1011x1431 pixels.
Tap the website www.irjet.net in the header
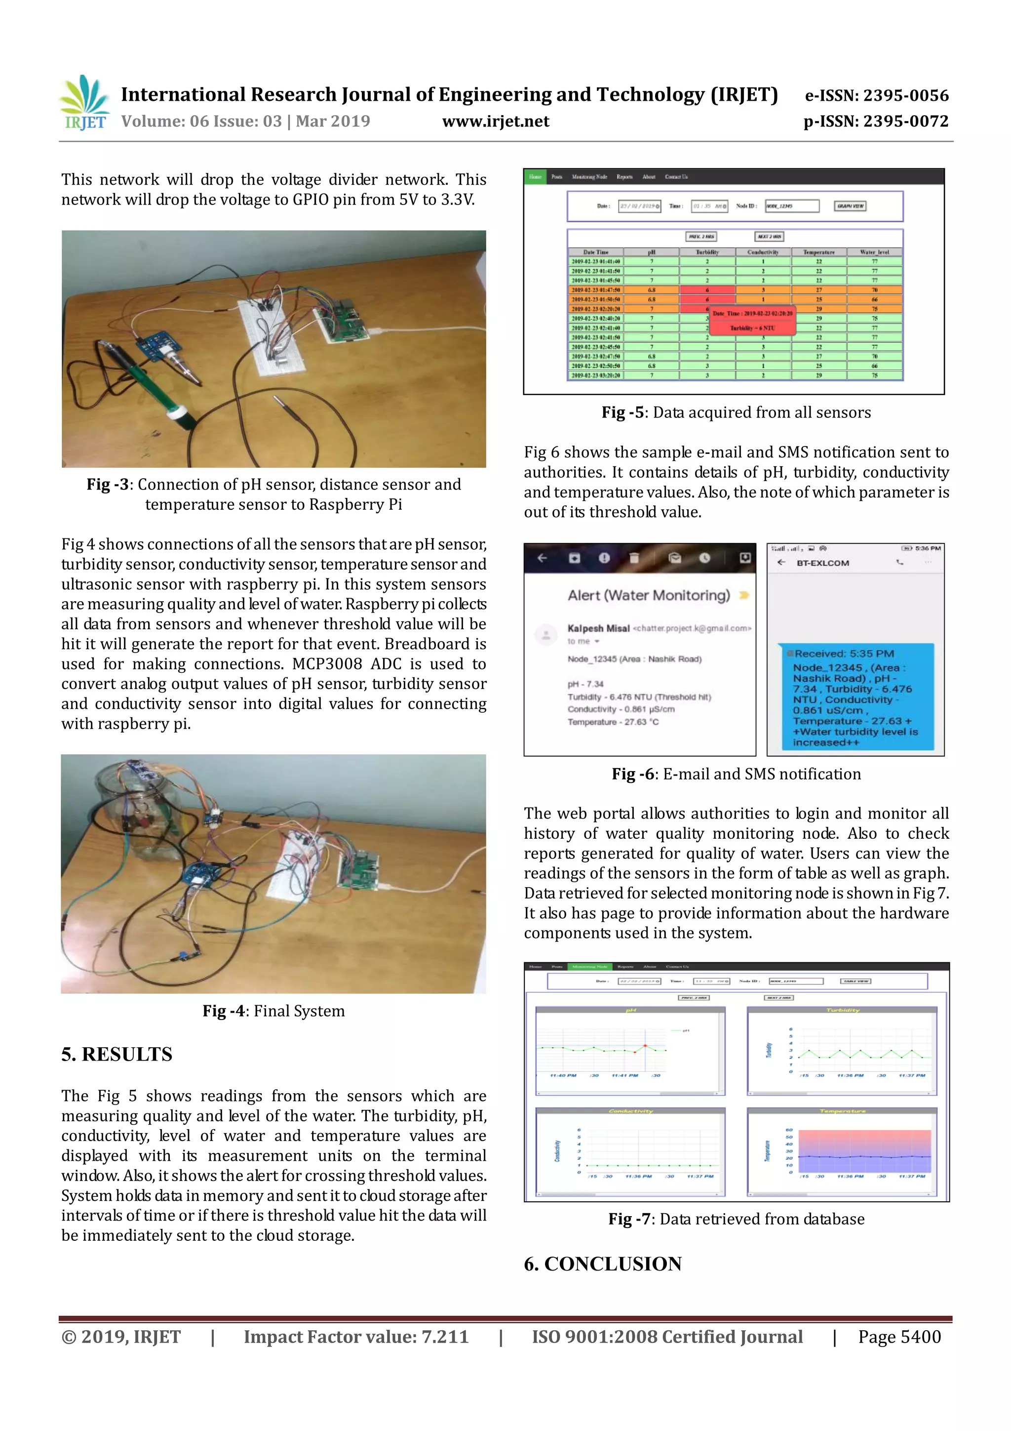(x=495, y=122)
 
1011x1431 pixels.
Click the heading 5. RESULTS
(x=117, y=1054)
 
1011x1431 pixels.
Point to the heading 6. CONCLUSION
(x=602, y=1264)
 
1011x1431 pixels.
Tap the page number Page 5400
(x=899, y=1337)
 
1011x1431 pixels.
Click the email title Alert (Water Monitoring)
(x=649, y=595)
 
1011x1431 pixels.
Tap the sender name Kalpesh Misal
(x=598, y=628)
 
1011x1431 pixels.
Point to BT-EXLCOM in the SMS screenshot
(x=822, y=563)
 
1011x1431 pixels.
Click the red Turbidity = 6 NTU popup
(x=752, y=322)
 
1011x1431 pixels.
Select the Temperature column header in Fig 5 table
(x=818, y=252)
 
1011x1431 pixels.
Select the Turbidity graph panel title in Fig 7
(x=842, y=1010)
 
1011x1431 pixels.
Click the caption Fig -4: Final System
(x=273, y=1011)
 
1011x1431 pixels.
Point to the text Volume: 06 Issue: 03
(x=201, y=122)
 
